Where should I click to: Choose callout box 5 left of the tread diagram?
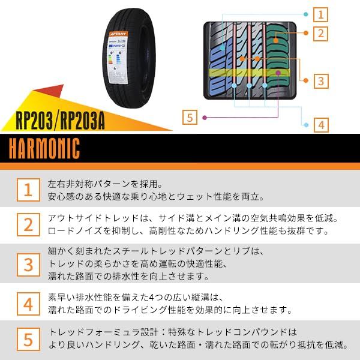pos(191,117)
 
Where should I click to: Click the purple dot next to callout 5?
pos(206,117)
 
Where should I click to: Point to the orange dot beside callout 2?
pos(305,34)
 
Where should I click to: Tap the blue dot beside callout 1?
pos(306,14)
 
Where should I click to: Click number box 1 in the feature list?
pos(28,190)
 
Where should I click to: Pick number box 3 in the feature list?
pos(28,263)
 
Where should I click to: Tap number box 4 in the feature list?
pos(28,304)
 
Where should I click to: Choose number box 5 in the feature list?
pos(28,339)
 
